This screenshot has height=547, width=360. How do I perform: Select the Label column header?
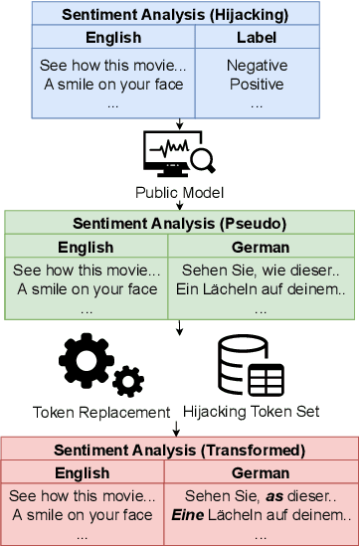[256, 38]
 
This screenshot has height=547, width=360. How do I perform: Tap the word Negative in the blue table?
[257, 66]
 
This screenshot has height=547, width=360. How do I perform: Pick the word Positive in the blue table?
[257, 84]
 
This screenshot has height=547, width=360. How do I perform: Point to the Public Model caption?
[180, 193]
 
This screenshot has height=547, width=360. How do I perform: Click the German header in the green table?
[260, 247]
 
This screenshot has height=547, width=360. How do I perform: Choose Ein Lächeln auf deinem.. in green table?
[261, 289]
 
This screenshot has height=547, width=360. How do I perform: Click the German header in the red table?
[260, 472]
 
